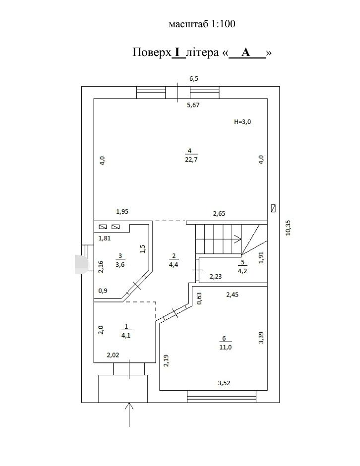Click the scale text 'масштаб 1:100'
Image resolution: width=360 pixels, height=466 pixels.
click(202, 24)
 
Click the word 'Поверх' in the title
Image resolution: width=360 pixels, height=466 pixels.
click(152, 53)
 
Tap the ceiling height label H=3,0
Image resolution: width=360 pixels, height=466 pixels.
click(242, 121)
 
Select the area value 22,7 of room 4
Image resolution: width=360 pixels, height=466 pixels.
click(191, 159)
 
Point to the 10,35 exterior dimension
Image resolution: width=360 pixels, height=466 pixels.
click(288, 228)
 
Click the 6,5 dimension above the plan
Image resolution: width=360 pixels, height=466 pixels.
click(194, 79)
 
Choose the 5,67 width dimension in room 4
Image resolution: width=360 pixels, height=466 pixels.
click(193, 105)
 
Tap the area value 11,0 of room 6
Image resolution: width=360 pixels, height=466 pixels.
click(225, 347)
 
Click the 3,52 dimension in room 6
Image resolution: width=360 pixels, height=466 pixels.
click(224, 383)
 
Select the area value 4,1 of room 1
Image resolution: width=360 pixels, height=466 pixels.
click(126, 336)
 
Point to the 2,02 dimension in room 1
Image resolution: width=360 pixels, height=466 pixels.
click(113, 355)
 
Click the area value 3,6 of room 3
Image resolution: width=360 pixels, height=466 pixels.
click(120, 265)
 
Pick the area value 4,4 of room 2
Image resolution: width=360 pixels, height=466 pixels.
click(174, 265)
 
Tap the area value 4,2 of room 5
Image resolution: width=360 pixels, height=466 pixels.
click(242, 271)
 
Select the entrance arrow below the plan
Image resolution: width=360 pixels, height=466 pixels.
click(129, 414)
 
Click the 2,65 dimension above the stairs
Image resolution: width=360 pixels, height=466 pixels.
click(219, 213)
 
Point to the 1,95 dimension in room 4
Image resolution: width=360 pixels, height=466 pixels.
click(122, 212)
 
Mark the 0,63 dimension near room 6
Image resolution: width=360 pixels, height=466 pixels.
click(199, 298)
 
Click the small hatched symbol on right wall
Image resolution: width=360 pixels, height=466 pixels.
click(273, 208)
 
